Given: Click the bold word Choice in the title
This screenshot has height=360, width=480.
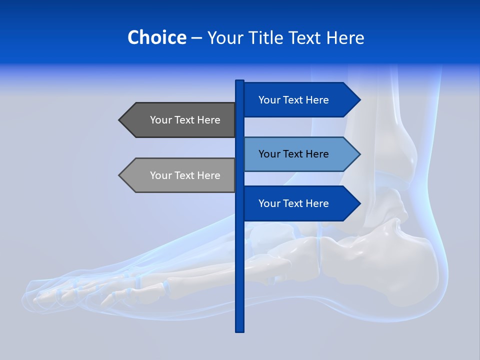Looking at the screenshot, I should coord(156,37).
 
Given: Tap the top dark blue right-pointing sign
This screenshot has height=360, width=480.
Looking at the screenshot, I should coord(300,100).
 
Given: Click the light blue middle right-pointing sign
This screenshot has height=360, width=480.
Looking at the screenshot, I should coord(300,154).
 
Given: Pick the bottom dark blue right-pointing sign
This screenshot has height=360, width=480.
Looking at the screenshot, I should coord(300,203).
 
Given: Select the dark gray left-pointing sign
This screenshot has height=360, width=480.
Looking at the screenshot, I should coord(180,120).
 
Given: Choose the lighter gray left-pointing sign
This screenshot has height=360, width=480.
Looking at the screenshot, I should coord(180,175).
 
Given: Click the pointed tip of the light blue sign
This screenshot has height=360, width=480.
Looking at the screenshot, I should coord(359,154).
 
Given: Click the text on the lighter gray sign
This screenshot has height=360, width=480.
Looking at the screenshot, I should coord(185,175).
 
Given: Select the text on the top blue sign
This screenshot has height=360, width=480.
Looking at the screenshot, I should coord(293,100).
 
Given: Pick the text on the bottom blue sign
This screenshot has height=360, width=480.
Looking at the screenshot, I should coord(293,203).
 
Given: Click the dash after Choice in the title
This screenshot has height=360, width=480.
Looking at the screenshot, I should coord(197,38).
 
